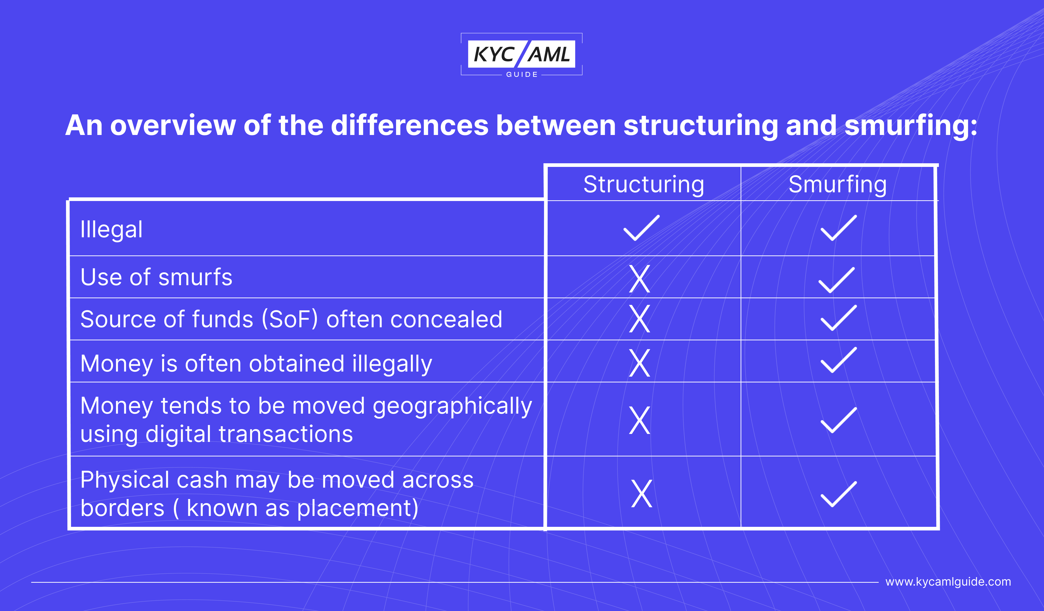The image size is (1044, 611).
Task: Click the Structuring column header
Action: click(644, 185)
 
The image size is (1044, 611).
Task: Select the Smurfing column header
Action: click(838, 185)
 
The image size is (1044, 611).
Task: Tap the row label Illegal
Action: click(111, 230)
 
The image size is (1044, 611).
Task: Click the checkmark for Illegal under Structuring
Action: click(641, 228)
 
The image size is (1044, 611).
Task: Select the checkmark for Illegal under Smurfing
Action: click(839, 228)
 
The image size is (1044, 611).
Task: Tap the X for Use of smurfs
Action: click(640, 279)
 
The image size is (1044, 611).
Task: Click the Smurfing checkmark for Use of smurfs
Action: click(836, 280)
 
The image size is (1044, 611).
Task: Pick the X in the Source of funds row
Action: click(640, 319)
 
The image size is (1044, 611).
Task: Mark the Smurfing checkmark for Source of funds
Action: click(839, 318)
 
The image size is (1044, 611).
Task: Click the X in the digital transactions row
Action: click(640, 420)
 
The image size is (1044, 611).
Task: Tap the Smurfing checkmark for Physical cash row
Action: click(839, 494)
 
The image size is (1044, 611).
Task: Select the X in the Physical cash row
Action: click(642, 494)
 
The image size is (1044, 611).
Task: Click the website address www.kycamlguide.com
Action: click(948, 582)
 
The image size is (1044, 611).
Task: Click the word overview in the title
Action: click(173, 125)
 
